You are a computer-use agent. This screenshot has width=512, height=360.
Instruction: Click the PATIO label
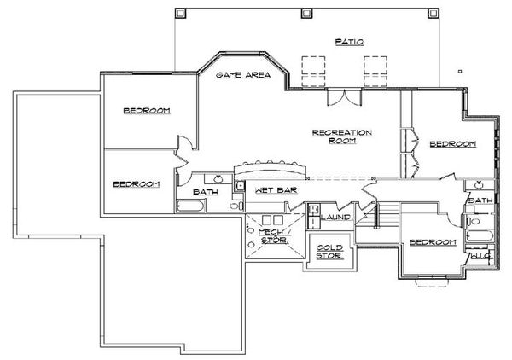pos(349,42)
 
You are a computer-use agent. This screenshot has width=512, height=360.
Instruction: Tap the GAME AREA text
pos(243,75)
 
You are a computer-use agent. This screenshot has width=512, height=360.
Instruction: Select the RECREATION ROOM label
pos(342,136)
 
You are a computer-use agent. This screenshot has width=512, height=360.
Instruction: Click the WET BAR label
pos(276,190)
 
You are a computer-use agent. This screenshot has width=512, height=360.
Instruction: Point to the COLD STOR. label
pos(329,252)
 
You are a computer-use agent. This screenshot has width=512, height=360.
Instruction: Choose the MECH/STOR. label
pos(274,236)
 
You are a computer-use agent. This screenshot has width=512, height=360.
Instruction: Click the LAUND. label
pos(337,217)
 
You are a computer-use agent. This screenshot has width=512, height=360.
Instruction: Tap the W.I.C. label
pos(480,257)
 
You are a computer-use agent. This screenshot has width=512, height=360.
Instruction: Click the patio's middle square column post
pos(306,13)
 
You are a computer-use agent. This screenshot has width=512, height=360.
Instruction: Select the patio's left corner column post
pos(180,13)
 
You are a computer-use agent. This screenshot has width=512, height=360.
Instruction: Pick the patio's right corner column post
pos(433,13)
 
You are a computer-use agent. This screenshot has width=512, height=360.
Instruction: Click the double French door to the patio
pos(345,97)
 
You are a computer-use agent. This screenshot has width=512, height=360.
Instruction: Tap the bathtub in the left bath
pos(190,206)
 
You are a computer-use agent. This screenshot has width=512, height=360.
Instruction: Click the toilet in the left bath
pos(236,206)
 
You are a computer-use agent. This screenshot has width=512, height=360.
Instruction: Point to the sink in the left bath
pos(218,179)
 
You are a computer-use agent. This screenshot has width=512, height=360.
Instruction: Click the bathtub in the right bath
pos(480,235)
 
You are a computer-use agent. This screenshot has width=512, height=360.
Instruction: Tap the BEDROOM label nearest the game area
pos(147,111)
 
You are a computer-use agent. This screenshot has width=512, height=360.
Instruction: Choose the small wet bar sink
pos(240,186)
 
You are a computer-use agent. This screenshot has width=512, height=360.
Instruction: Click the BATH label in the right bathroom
pos(480,200)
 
